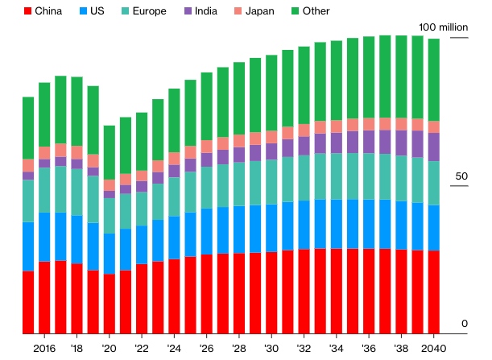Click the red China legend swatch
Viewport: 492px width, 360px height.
29,11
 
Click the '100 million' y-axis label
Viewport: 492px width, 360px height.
442,27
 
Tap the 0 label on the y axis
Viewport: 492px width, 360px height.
465,324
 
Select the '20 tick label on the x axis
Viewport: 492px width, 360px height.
110,348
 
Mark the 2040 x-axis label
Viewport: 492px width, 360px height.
434,348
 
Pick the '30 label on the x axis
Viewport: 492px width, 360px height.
271,348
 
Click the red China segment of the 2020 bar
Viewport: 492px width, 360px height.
110,303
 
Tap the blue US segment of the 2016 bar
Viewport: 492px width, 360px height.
44,237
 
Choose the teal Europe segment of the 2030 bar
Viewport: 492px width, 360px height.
271,181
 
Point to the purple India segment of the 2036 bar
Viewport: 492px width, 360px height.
369,142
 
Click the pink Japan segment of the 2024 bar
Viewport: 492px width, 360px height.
174,157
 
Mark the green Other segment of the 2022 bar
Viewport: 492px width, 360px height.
142,141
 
